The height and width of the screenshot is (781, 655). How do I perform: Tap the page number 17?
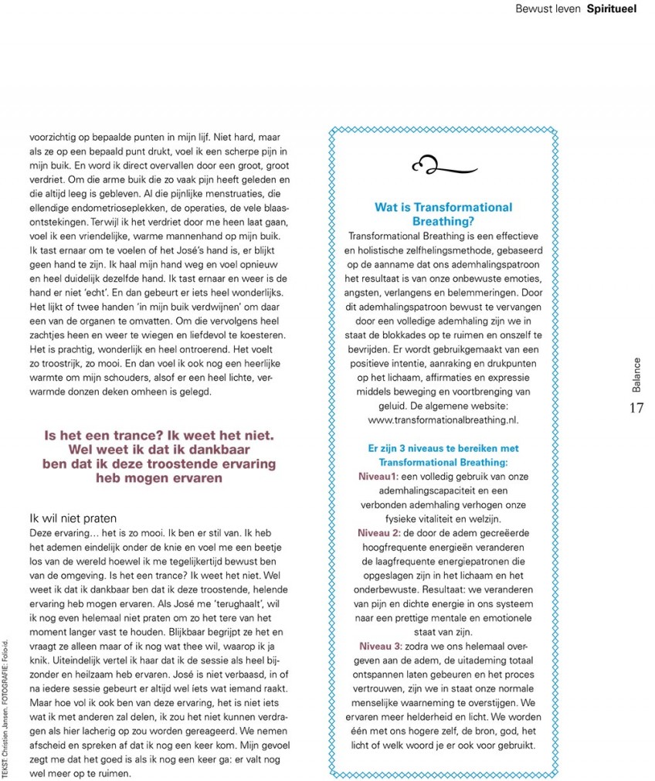pyautogui.click(x=636, y=409)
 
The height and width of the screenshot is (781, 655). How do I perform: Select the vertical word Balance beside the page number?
pyautogui.click(x=636, y=375)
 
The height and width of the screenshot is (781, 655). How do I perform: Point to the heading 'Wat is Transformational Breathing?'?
pyautogui.click(x=443, y=214)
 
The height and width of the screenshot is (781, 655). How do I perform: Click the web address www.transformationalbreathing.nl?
pyautogui.click(x=443, y=419)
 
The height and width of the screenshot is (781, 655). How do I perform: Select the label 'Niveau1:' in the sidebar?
pyautogui.click(x=378, y=478)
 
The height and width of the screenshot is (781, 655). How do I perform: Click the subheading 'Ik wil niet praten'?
pyautogui.click(x=73, y=518)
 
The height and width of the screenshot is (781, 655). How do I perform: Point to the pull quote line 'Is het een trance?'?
pyautogui.click(x=103, y=436)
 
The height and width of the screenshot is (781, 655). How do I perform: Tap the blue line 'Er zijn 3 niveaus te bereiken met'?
pyautogui.click(x=443, y=448)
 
